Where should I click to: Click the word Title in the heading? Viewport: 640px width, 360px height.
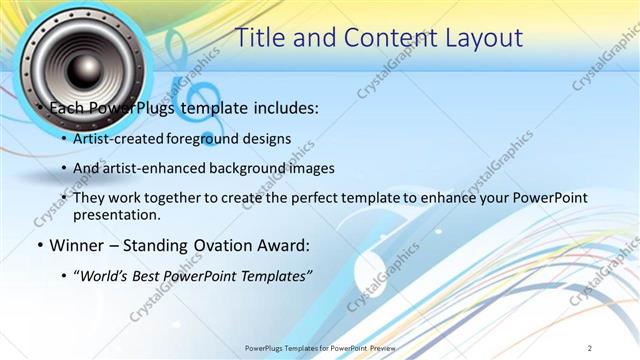(x=259, y=37)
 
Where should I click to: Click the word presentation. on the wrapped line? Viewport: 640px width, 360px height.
(x=117, y=214)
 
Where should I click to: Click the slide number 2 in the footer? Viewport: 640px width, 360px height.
(x=590, y=348)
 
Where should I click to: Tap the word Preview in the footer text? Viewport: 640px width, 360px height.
(x=379, y=348)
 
